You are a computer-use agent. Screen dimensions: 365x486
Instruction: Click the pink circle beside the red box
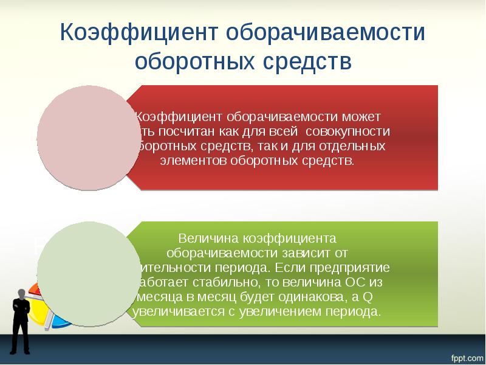tap(89, 135)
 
